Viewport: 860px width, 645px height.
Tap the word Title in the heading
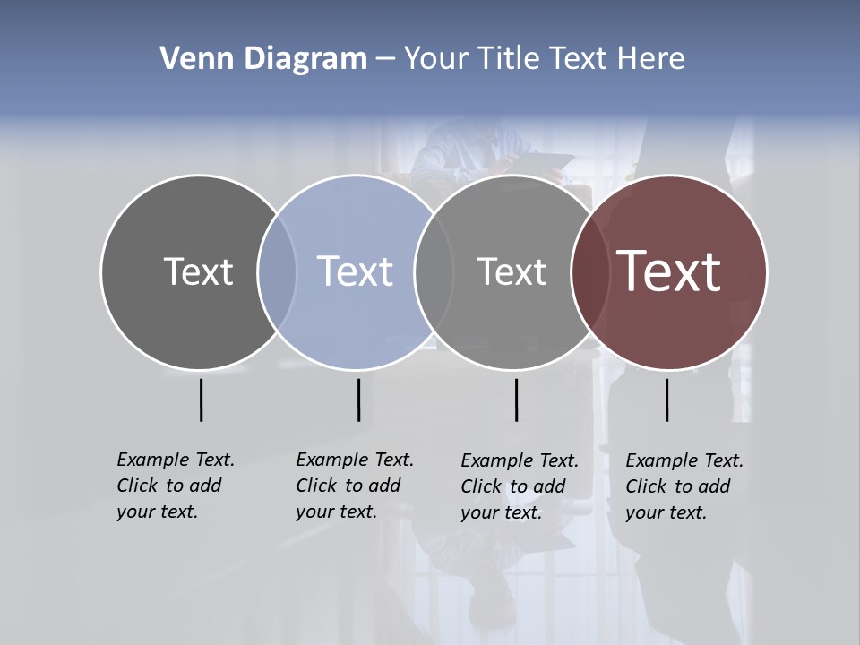pyautogui.click(x=509, y=59)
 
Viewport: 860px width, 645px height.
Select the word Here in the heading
pyautogui.click(x=651, y=59)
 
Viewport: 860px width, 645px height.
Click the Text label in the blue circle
pyautogui.click(x=356, y=271)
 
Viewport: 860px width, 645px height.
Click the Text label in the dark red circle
pyautogui.click(x=669, y=271)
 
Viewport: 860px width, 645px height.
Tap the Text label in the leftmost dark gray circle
pyautogui.click(x=198, y=271)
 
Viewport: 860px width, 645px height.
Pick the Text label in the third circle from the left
pyautogui.click(x=512, y=271)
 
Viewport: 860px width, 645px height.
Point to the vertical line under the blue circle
pyautogui.click(x=358, y=400)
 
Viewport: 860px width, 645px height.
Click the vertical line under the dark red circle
pyautogui.click(x=666, y=400)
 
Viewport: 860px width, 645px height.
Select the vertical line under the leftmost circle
pyautogui.click(x=201, y=400)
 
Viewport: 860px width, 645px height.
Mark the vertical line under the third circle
pyautogui.click(x=516, y=400)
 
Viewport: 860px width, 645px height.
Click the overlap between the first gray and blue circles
pyautogui.click(x=277, y=271)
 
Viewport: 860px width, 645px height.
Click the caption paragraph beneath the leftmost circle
pyautogui.click(x=176, y=486)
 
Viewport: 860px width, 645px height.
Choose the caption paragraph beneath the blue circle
pyautogui.click(x=355, y=486)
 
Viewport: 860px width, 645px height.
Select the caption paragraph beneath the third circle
pyautogui.click(x=520, y=486)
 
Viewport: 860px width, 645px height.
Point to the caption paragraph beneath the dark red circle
pyautogui.click(x=684, y=486)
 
